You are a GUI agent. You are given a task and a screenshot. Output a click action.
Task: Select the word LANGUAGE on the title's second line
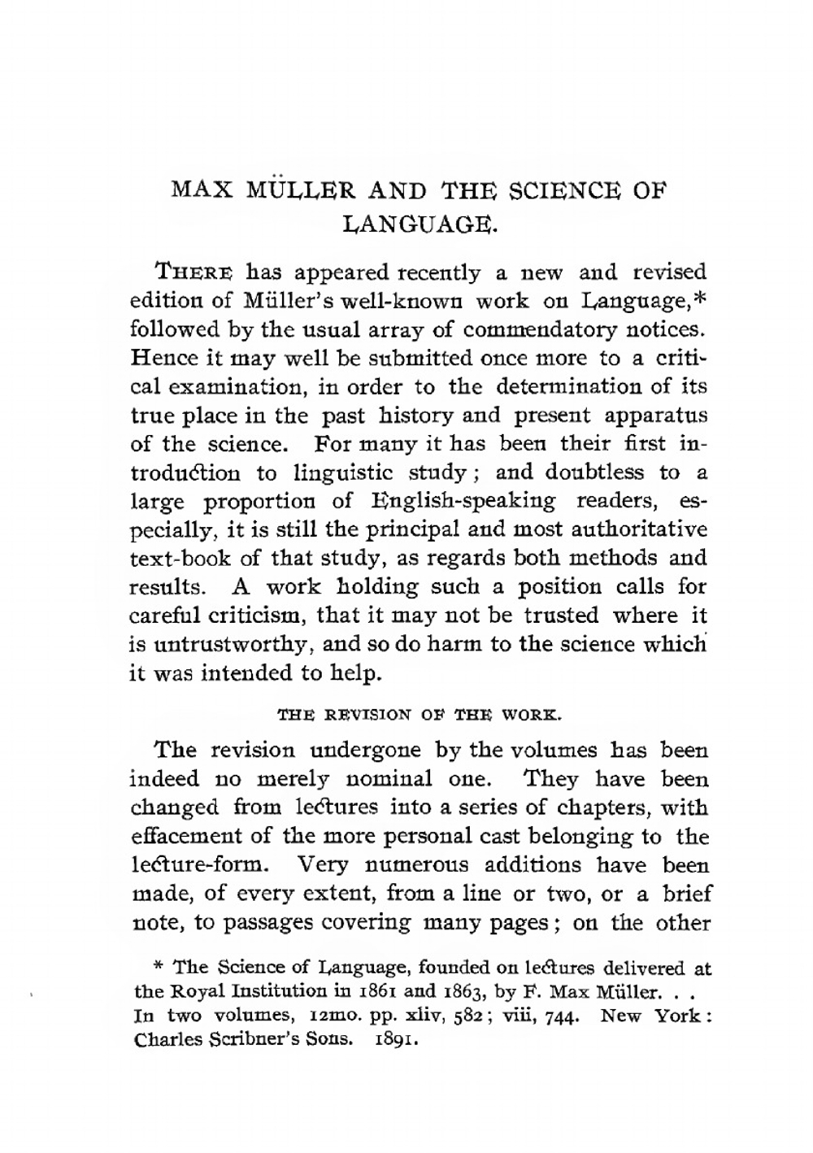point(419,220)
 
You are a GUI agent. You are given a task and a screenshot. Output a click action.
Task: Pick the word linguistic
point(354,472)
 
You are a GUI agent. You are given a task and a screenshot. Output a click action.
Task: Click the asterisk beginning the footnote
point(160,968)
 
